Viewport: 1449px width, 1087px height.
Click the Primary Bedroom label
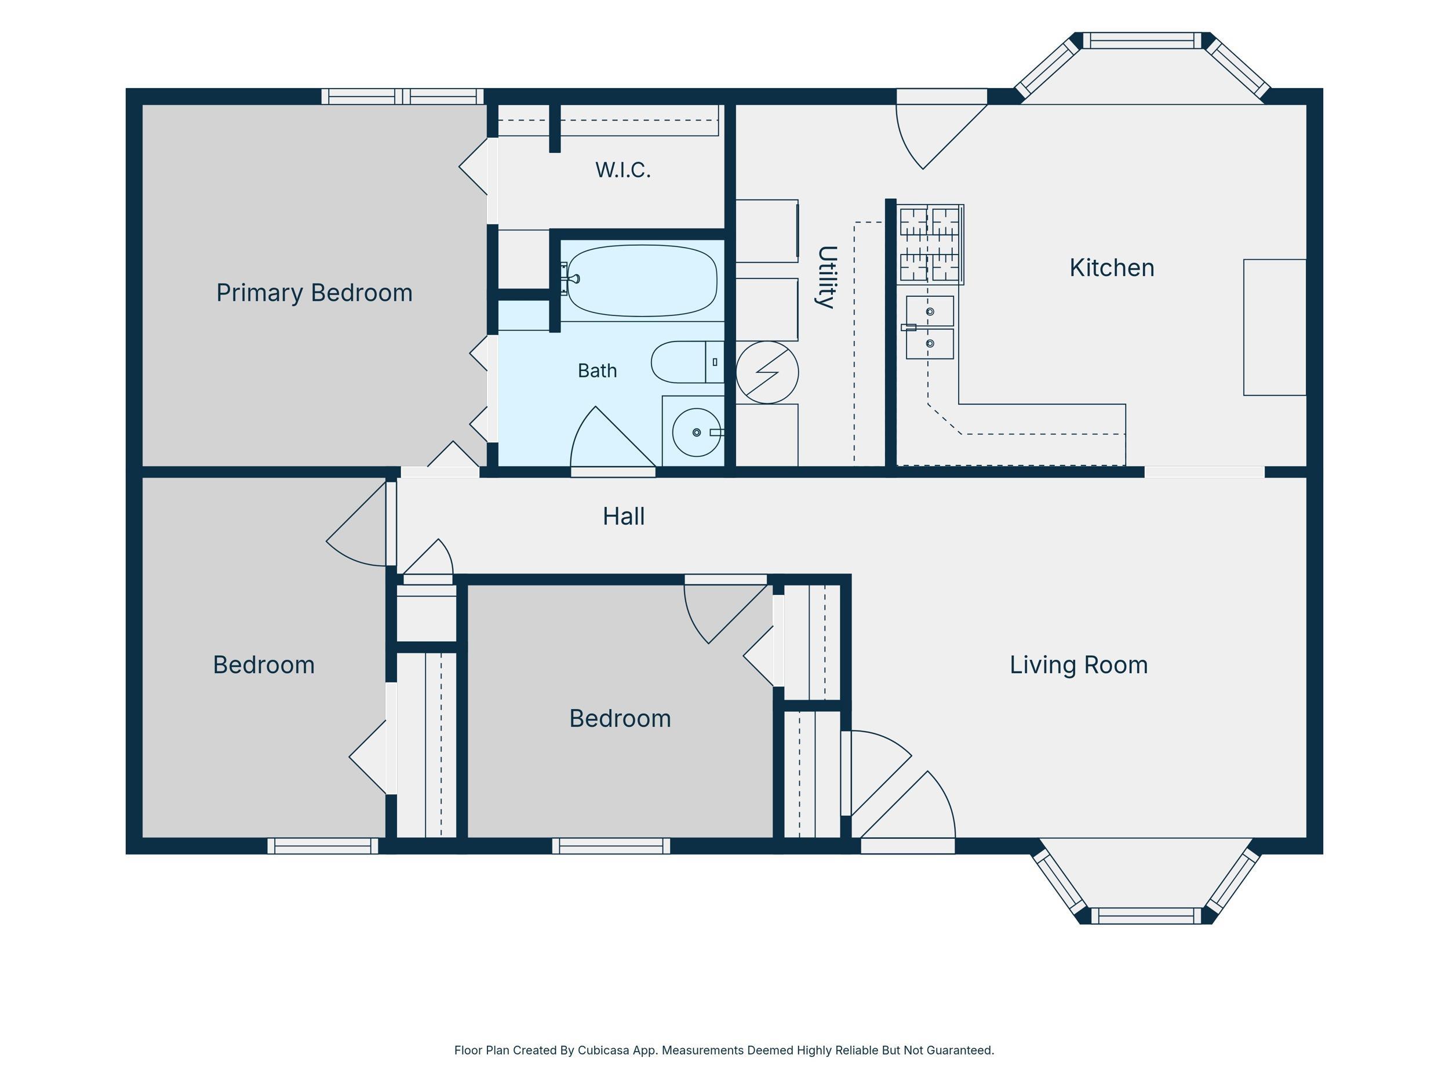click(x=314, y=293)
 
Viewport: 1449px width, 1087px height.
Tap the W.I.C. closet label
click(x=623, y=170)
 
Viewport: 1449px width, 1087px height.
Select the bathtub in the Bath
click(x=642, y=281)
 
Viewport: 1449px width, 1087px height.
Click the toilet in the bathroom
click(x=687, y=362)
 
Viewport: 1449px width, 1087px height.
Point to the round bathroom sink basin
click(x=696, y=432)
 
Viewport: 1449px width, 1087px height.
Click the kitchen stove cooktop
click(x=930, y=245)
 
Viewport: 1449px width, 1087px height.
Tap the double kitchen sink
click(x=930, y=328)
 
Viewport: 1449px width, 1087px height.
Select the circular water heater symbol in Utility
click(x=767, y=372)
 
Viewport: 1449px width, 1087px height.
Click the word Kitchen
click(x=1112, y=268)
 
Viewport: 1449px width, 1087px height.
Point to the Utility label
click(x=827, y=277)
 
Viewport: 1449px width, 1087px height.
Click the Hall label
click(x=624, y=517)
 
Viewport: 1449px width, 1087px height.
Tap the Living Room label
click(x=1078, y=665)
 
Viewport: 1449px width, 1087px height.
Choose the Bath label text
click(x=597, y=371)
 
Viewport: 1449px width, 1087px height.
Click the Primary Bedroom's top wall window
click(x=402, y=96)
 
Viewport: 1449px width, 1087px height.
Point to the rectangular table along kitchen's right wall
click(x=1275, y=328)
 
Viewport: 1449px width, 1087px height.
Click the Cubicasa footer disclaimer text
click(x=724, y=1050)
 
